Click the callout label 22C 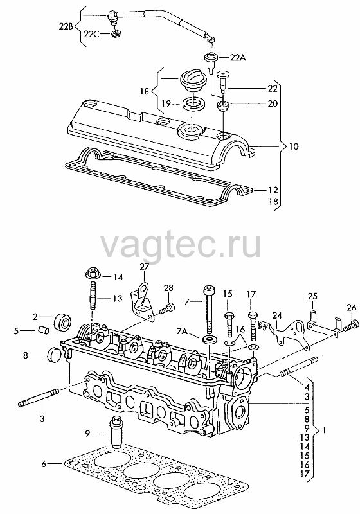[92, 34]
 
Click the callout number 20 [273, 103]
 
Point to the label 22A [237, 58]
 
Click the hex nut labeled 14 [93, 272]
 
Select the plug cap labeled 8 [55, 355]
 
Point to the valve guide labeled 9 [116, 432]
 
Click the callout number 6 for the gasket [44, 464]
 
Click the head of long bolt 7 [208, 291]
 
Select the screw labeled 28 [167, 308]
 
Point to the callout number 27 [144, 267]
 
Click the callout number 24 [277, 316]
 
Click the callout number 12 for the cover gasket [273, 190]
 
